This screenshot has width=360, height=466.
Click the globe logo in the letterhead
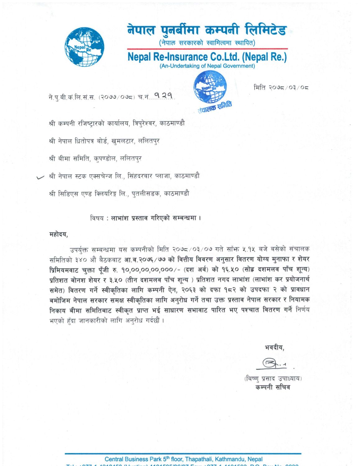[x=84, y=47]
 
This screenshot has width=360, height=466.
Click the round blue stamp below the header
[x=210, y=87]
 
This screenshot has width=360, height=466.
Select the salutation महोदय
[x=58, y=234]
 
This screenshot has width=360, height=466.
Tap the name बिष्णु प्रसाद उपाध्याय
[x=273, y=378]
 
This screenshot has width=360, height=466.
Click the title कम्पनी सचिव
[x=272, y=387]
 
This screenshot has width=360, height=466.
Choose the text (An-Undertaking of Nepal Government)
[x=207, y=66]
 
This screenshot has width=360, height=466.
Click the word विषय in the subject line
[x=97, y=218]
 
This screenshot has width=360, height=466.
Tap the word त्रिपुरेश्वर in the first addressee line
[x=144, y=123]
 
